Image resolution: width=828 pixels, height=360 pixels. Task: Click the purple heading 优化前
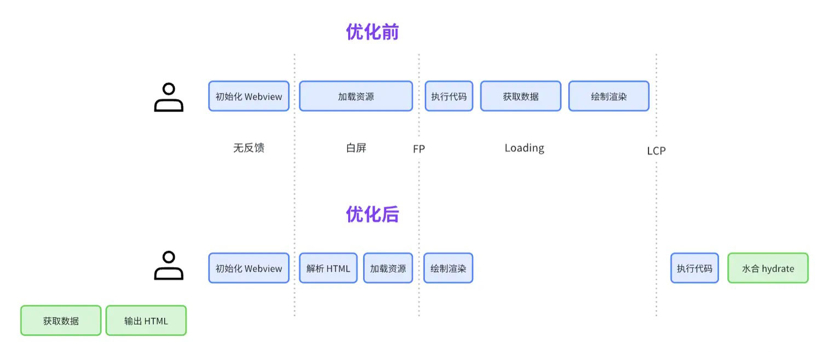pyautogui.click(x=372, y=32)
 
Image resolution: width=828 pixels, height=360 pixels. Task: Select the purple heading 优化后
pyautogui.click(x=372, y=214)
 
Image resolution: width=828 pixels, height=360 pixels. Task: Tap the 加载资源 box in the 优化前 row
pyautogui.click(x=356, y=96)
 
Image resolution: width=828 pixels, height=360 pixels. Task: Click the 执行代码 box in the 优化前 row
pyautogui.click(x=449, y=96)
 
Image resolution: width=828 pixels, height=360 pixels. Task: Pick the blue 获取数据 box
pyautogui.click(x=520, y=96)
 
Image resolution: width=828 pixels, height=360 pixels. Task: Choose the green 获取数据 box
pyautogui.click(x=61, y=321)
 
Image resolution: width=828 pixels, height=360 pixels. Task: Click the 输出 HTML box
pyautogui.click(x=146, y=321)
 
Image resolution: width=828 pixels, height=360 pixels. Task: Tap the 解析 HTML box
pyautogui.click(x=328, y=268)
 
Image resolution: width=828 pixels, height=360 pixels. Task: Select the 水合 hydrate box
pyautogui.click(x=768, y=268)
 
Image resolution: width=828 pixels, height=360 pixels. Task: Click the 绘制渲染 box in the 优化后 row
pyautogui.click(x=448, y=268)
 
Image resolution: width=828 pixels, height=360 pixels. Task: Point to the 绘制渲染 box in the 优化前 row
pyautogui.click(x=609, y=96)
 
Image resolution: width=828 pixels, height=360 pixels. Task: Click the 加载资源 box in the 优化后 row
pyautogui.click(x=388, y=268)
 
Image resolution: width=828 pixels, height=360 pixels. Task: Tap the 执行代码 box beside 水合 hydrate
pyautogui.click(x=694, y=268)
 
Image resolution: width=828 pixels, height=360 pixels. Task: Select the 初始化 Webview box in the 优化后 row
pyautogui.click(x=249, y=268)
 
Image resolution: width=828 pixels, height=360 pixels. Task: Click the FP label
pyautogui.click(x=419, y=149)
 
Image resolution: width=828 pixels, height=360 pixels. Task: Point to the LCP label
pyautogui.click(x=656, y=151)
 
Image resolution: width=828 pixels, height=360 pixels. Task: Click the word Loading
pyautogui.click(x=524, y=148)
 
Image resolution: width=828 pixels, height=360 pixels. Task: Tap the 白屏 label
pyautogui.click(x=356, y=148)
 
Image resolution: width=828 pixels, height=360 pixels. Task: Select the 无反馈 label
pyautogui.click(x=249, y=148)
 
